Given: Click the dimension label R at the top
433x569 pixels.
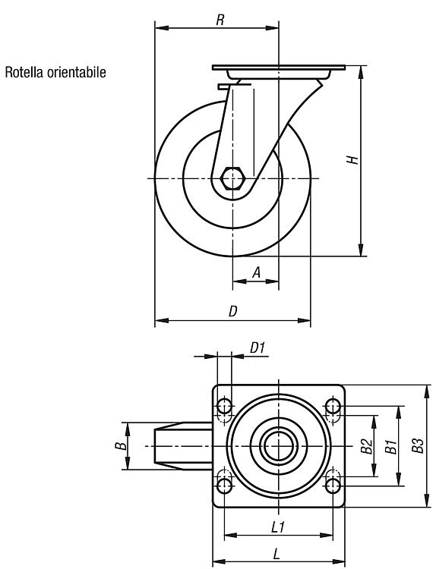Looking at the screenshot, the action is (220, 20).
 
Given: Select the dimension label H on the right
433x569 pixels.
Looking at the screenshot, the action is (352, 159).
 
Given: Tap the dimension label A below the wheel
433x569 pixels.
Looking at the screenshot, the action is (257, 272).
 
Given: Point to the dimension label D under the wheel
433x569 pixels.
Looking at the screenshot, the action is (233, 311).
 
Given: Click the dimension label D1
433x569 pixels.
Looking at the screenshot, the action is (258, 348).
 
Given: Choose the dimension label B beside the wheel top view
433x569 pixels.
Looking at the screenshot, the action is (122, 445).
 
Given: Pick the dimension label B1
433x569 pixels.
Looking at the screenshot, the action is (390, 446).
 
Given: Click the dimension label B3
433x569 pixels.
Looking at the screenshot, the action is (418, 445).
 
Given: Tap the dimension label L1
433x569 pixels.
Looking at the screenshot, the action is (278, 527).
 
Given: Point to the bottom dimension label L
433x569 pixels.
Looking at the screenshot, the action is (277, 554).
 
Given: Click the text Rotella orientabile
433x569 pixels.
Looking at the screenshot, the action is (55, 72).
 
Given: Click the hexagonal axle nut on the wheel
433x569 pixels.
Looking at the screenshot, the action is (233, 178).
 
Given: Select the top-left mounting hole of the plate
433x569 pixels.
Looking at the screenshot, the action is (224, 406).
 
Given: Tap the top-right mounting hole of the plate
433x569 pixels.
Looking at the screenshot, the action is (333, 406).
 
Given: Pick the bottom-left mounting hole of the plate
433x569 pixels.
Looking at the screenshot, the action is (225, 486).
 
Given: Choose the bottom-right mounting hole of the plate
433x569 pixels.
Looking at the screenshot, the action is (333, 486).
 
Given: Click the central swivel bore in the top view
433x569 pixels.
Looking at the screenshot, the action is (278, 446).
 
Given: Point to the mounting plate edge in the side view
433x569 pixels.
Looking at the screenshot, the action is (278, 68).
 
